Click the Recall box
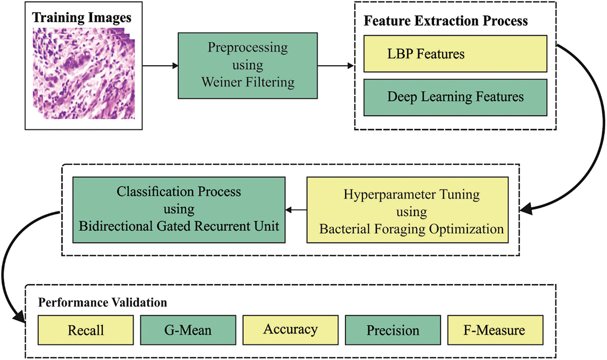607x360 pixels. pyautogui.click(x=85, y=330)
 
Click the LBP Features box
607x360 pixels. pyautogui.click(x=455, y=54)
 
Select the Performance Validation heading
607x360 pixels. pyautogui.click(x=102, y=303)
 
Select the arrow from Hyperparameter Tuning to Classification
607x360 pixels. pyautogui.click(x=296, y=210)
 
